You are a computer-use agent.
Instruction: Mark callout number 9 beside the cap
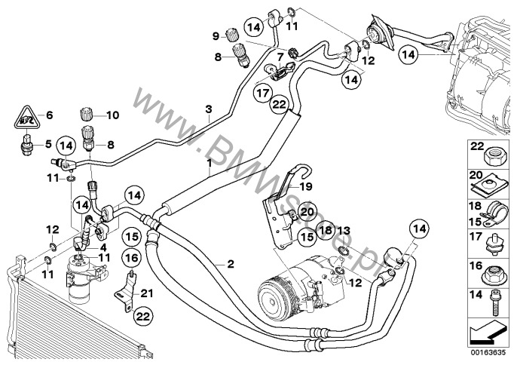(x=214, y=35)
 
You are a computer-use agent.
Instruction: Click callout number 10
(x=115, y=115)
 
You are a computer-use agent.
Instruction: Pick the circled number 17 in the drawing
(x=262, y=94)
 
